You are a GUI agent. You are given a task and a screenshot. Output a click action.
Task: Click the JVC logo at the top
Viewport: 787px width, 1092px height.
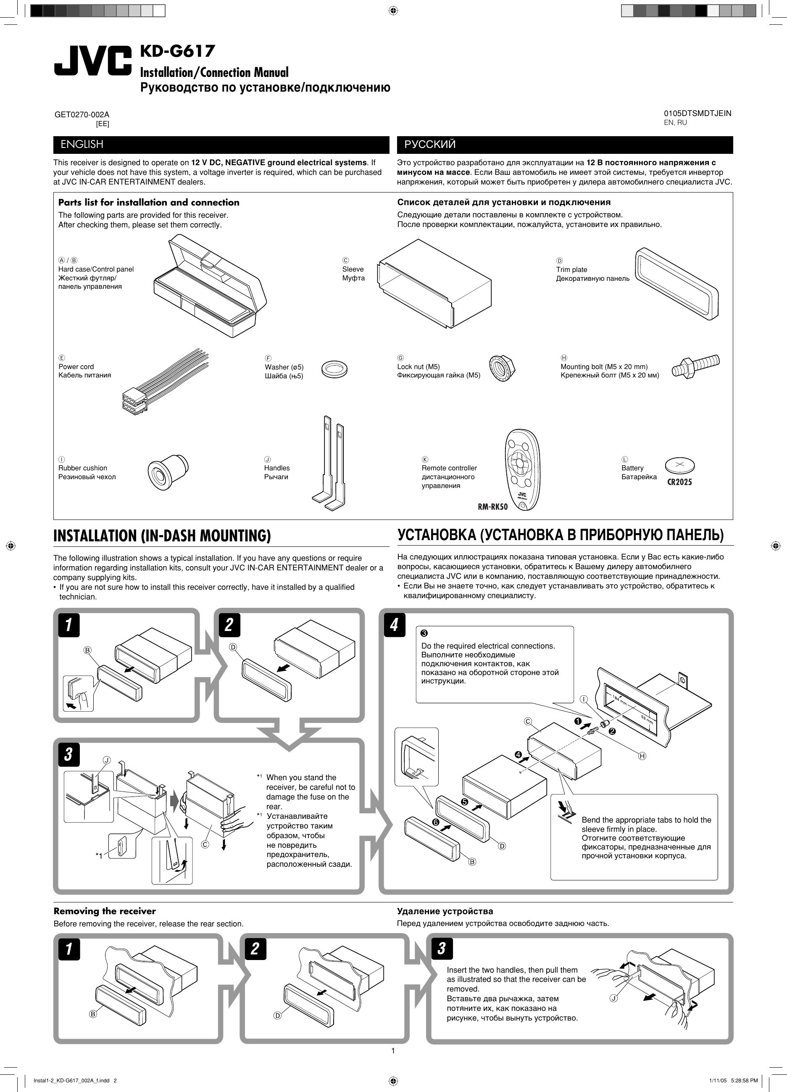tap(92, 61)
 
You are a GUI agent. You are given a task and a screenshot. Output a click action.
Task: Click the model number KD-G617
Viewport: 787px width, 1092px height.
tap(177, 51)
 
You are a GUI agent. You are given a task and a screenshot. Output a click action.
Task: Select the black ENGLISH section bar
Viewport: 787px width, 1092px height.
tap(221, 145)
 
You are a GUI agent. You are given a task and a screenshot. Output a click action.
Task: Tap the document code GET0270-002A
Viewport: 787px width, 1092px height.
tap(82, 115)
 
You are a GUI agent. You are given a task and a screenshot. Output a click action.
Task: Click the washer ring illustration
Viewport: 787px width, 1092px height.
tap(334, 369)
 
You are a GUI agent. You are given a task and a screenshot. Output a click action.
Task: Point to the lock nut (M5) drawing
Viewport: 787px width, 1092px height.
tap(502, 368)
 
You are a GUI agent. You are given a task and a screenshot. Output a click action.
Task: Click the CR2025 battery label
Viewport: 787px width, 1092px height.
tap(679, 482)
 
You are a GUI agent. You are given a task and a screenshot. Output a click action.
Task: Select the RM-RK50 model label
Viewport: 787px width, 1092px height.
tap(492, 506)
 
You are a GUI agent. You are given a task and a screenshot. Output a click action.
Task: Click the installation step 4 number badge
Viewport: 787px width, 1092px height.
tap(394, 625)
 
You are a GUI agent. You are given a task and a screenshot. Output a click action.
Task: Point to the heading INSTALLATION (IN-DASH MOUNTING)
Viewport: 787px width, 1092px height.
tap(162, 536)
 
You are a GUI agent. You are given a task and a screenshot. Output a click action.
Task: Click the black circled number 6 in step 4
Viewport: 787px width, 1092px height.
tap(436, 823)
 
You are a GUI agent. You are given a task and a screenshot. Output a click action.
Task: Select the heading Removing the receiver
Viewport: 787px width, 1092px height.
tap(105, 911)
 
